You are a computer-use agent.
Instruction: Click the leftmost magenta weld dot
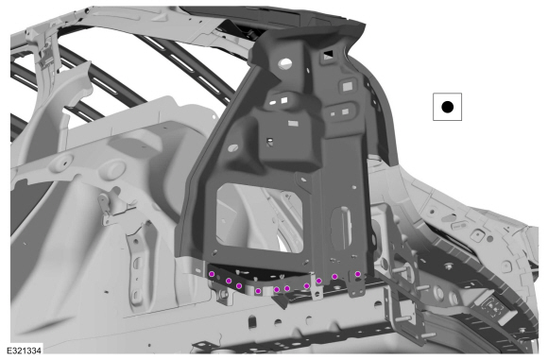(x=212, y=274)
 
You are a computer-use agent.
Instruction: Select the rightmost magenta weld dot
(x=357, y=274)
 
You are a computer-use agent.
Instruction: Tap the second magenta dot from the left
(x=229, y=281)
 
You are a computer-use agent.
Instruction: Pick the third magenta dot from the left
(x=239, y=286)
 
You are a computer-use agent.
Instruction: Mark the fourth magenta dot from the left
(x=258, y=291)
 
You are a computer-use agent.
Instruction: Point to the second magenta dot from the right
(x=334, y=277)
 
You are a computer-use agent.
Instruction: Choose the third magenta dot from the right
(x=318, y=281)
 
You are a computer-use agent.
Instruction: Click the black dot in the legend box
(x=447, y=107)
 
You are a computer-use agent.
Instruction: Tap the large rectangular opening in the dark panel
(x=259, y=216)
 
